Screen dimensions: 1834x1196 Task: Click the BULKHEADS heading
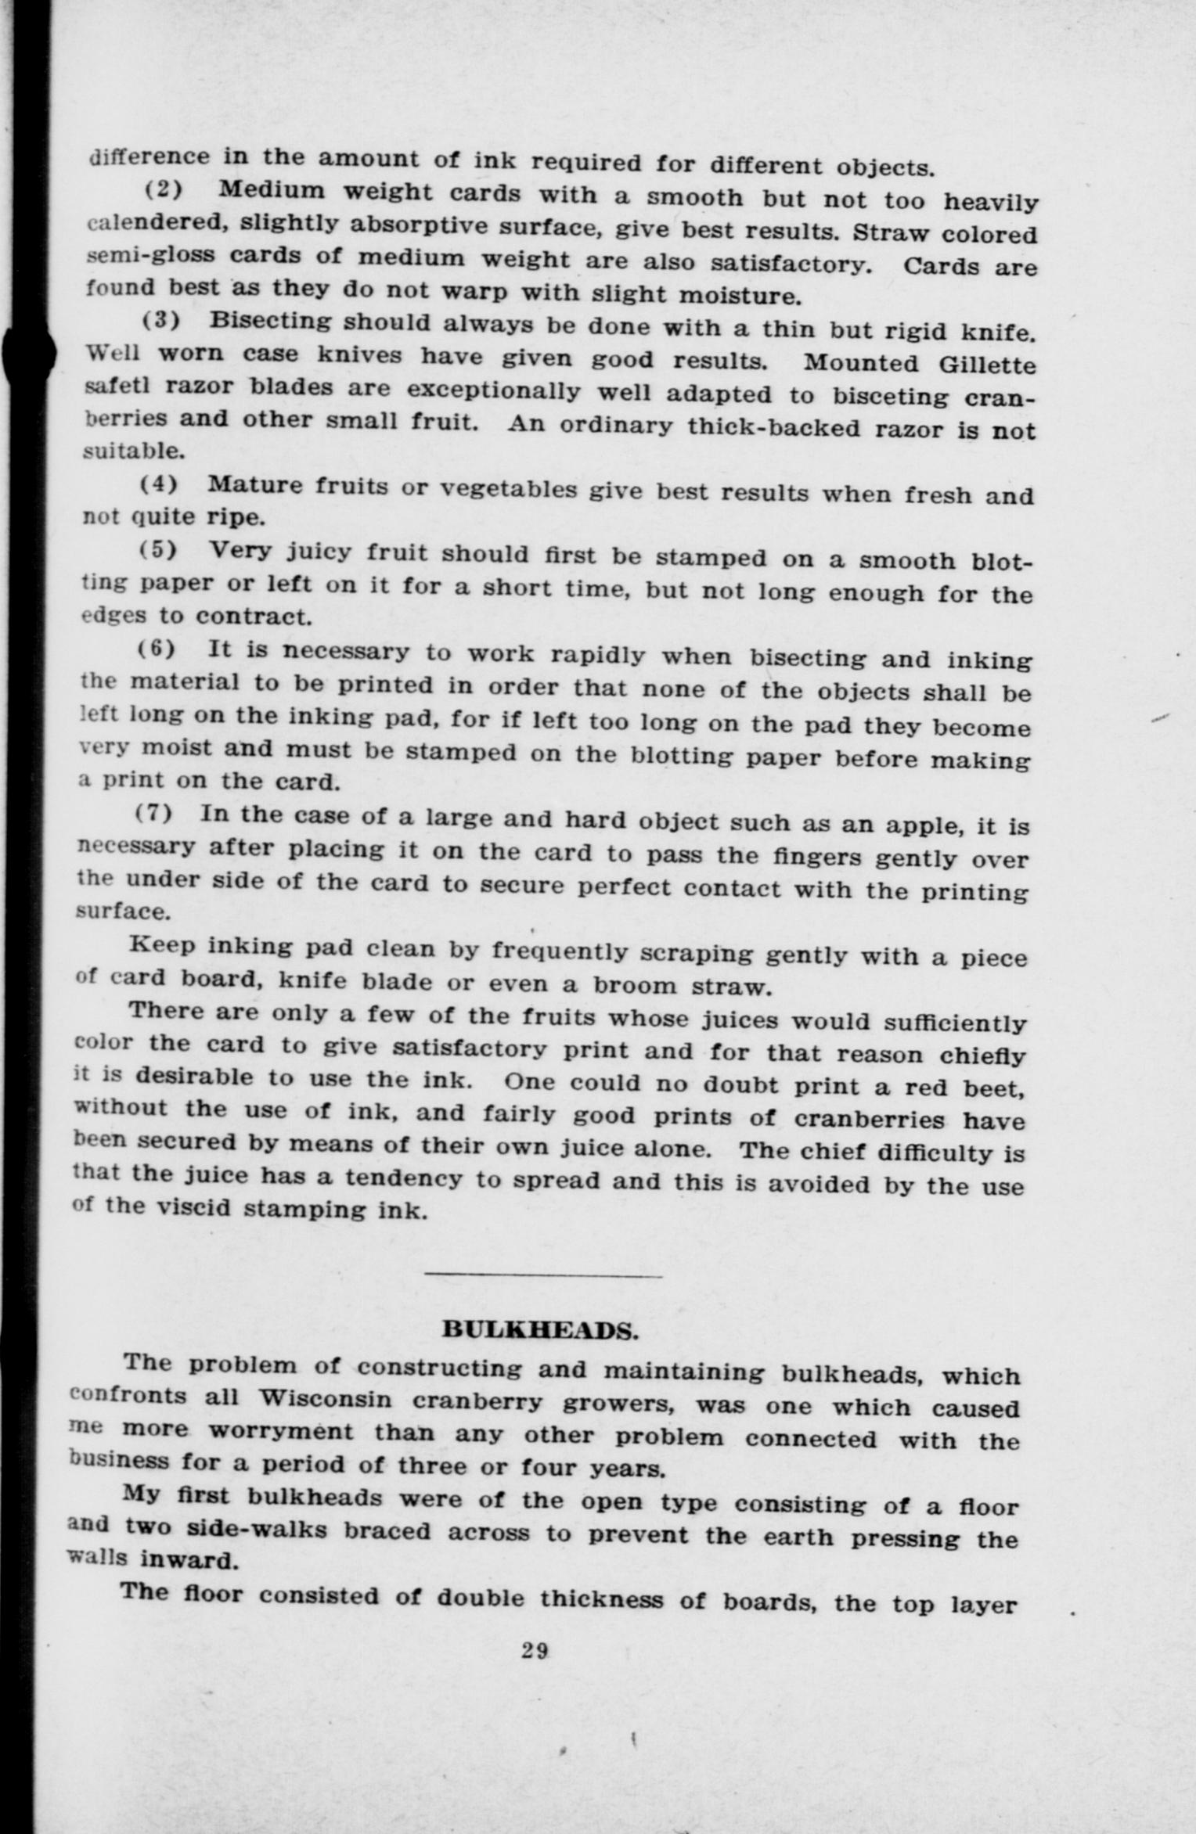[539, 1329]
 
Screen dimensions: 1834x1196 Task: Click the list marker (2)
[160, 190]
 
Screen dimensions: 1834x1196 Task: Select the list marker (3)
[160, 321]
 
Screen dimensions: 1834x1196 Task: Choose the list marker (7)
[154, 813]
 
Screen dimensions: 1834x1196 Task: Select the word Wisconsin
[325, 1398]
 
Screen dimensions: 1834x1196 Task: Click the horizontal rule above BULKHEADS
[542, 1277]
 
